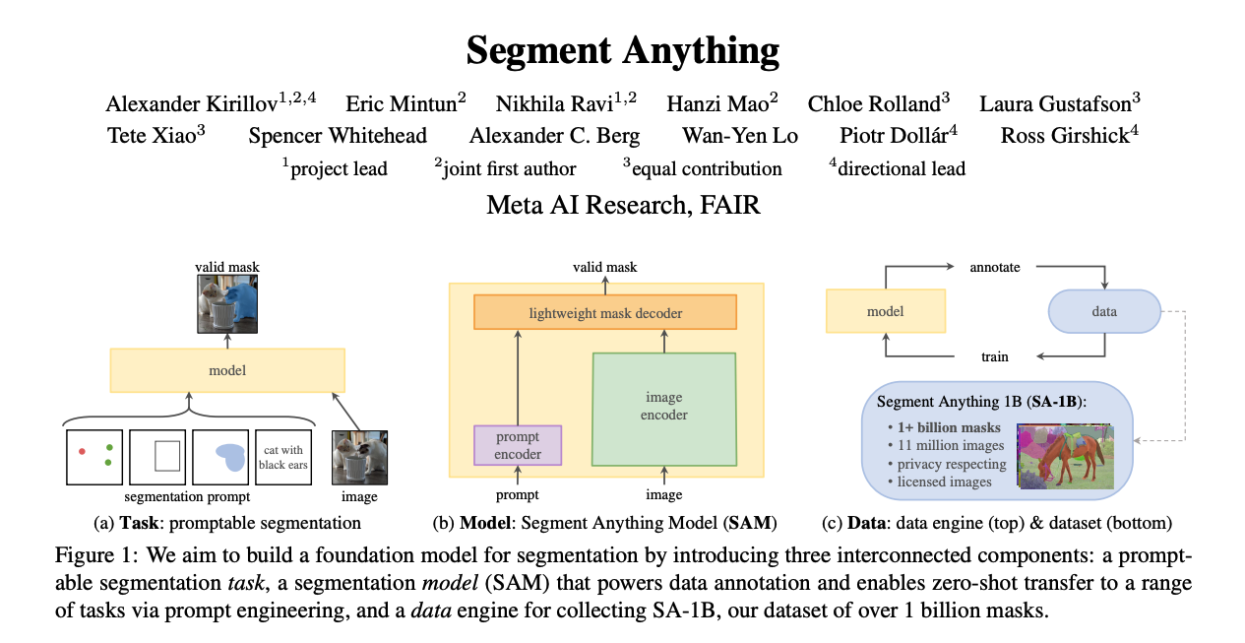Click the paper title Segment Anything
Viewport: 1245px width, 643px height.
click(x=622, y=51)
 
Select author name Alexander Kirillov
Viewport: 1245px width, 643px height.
click(x=192, y=104)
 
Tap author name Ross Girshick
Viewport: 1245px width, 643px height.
click(x=1065, y=136)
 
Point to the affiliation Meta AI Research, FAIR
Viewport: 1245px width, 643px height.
click(x=622, y=205)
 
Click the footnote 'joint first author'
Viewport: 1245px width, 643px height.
click(x=509, y=169)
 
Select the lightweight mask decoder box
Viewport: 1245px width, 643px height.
click(x=605, y=312)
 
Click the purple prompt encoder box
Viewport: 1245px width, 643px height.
click(x=518, y=445)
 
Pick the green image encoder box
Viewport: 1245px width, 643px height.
click(x=664, y=410)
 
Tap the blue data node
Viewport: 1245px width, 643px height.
click(x=1104, y=311)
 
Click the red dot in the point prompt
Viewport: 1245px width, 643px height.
click(x=83, y=452)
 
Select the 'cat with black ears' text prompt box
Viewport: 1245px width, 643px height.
click(x=283, y=457)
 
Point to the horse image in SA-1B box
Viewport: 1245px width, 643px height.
click(x=1065, y=456)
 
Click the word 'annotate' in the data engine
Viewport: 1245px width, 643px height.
click(x=995, y=268)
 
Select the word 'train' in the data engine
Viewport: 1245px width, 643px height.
click(x=995, y=356)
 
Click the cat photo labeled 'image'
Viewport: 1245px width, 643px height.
click(x=359, y=457)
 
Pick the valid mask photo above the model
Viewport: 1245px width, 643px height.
click(x=227, y=304)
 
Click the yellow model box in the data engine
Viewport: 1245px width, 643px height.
click(x=886, y=311)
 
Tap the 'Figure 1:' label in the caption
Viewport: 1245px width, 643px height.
click(x=95, y=555)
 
